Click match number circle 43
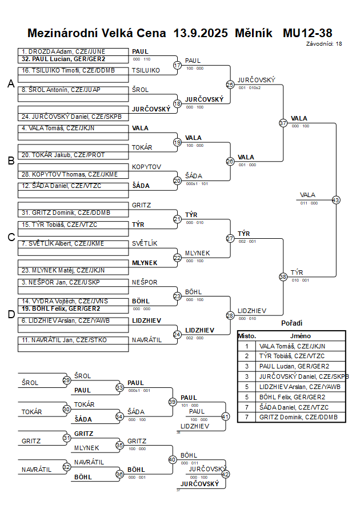336,200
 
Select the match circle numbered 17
177,65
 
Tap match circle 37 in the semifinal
283,123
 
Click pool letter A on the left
10,84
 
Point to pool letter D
10,314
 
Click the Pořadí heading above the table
292,323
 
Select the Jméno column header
300,336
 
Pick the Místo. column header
247,336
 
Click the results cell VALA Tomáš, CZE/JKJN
292,346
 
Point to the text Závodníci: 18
324,43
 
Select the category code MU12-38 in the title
307,33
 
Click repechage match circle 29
66,380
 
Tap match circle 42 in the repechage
225,474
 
